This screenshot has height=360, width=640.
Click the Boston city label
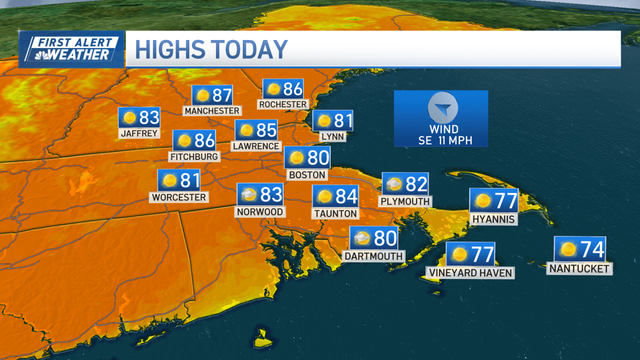tap(307, 174)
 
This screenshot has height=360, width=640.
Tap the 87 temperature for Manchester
tap(222, 95)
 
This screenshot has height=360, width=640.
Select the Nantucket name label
tap(579, 269)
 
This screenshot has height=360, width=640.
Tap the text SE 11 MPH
tap(441, 140)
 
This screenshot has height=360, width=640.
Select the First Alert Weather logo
tap(71, 49)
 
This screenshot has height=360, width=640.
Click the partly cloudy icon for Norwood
tap(249, 195)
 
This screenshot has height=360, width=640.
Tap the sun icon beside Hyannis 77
tap(483, 201)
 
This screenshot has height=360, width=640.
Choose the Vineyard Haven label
tap(470, 273)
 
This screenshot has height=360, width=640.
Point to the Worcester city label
tap(179, 197)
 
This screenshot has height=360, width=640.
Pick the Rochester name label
tap(283, 104)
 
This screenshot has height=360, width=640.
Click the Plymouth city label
tap(405, 202)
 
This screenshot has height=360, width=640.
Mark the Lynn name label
tap(332, 137)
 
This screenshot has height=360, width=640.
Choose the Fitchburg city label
tap(194, 157)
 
